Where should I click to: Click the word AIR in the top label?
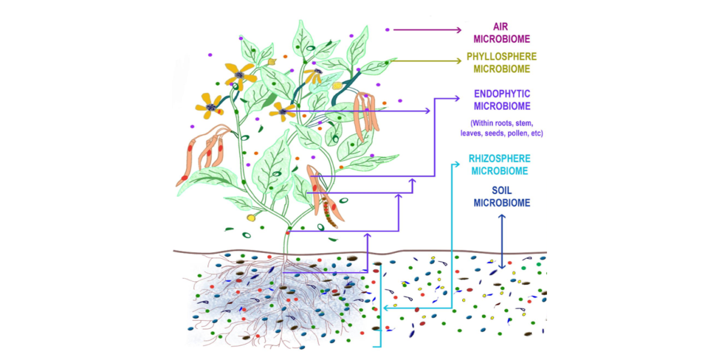pyautogui.click(x=501, y=26)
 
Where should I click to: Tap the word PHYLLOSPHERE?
pyautogui.click(x=502, y=57)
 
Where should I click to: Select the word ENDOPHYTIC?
pyautogui.click(x=502, y=94)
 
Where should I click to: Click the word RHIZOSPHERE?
pyautogui.click(x=499, y=159)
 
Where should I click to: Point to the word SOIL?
pyautogui.click(x=502, y=191)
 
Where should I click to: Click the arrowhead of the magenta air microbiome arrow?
pyautogui.click(x=459, y=30)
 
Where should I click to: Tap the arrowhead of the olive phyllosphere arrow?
pyautogui.click(x=459, y=61)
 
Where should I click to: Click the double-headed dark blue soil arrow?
pyautogui.click(x=502, y=241)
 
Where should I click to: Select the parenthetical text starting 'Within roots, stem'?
pyautogui.click(x=502, y=128)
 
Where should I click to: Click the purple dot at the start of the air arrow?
pyautogui.click(x=387, y=30)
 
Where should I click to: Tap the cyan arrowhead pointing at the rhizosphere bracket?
pyautogui.click(x=386, y=308)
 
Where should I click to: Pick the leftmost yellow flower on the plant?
pyautogui.click(x=210, y=106)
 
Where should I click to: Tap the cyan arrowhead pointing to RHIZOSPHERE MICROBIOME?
pyautogui.click(x=457, y=164)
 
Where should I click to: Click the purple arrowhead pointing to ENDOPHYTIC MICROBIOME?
pyautogui.click(x=457, y=98)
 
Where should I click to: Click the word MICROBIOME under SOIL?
pyautogui.click(x=502, y=203)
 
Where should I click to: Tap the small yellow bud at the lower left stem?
pyautogui.click(x=251, y=218)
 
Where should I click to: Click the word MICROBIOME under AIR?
pyautogui.click(x=502, y=39)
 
